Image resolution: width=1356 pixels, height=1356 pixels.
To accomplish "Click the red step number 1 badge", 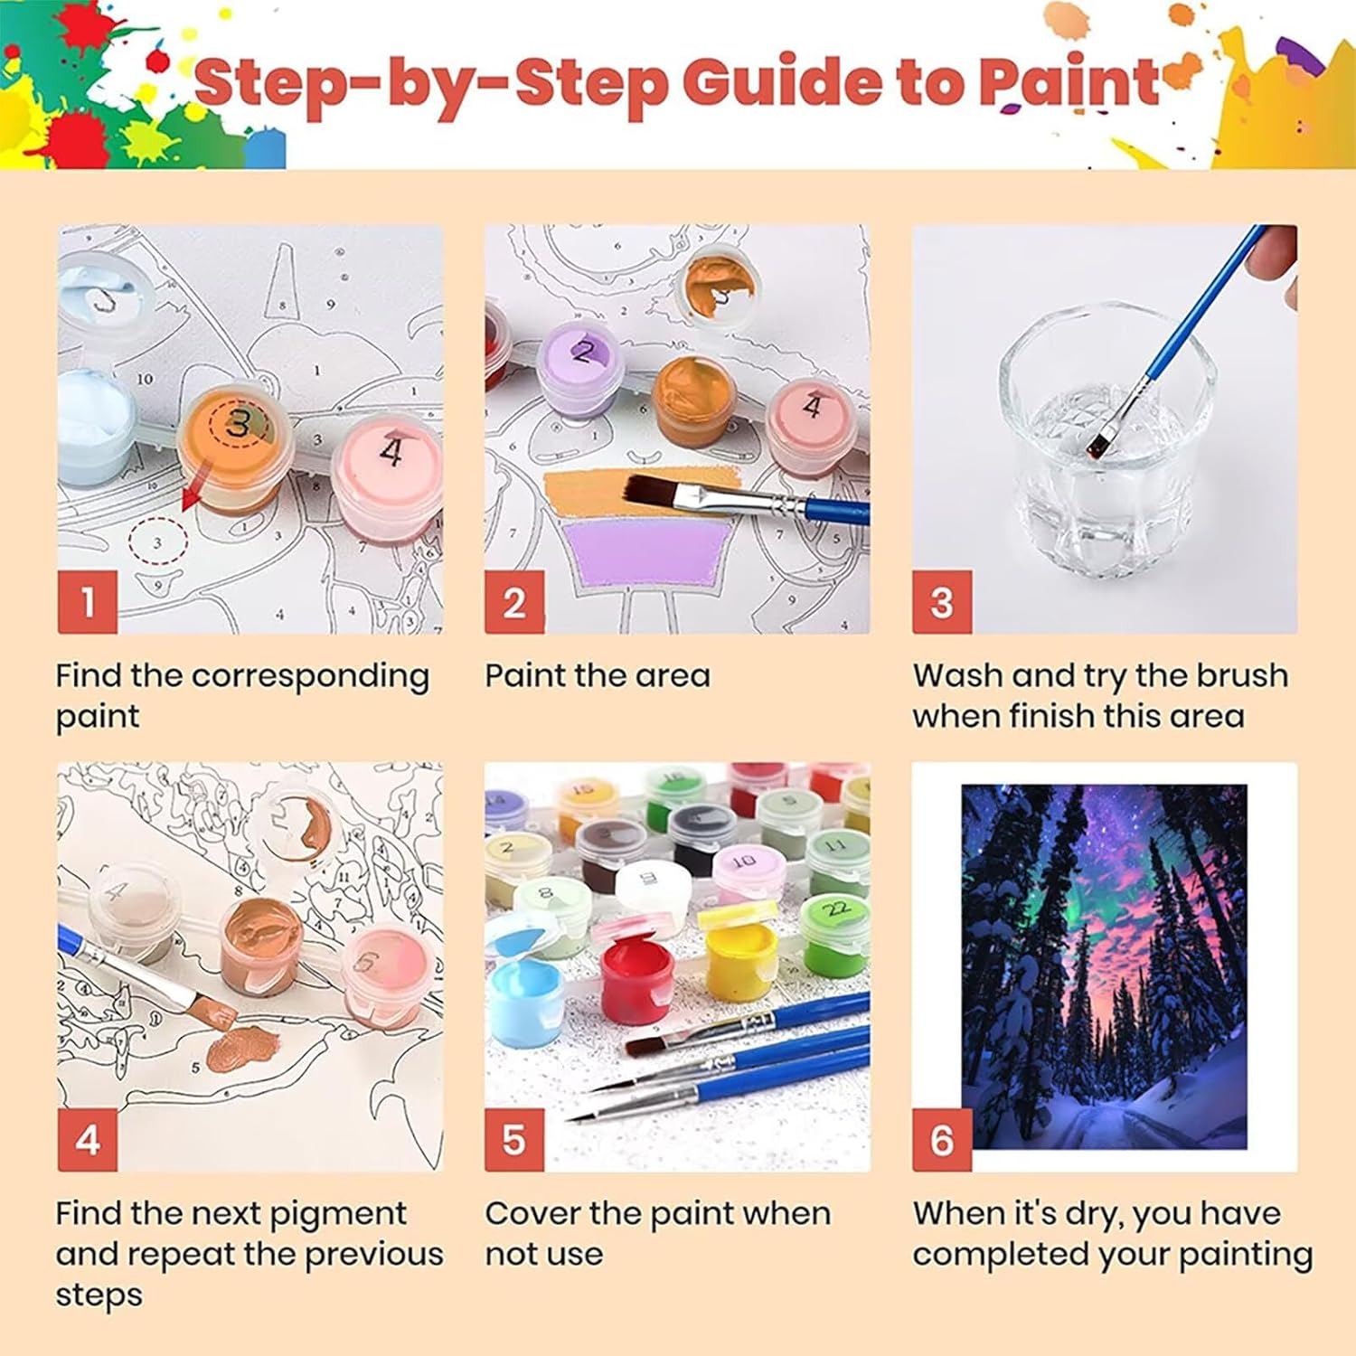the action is coord(88,601).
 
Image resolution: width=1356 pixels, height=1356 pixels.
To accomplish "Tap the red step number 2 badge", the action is coord(514,601).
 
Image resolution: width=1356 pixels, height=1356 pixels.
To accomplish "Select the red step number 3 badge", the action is coord(942,601).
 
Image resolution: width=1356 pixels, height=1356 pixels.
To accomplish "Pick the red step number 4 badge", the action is coord(88,1140).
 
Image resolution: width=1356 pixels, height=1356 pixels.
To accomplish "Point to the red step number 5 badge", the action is coord(514,1140).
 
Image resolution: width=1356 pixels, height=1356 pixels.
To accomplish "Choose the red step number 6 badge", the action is coord(942,1140).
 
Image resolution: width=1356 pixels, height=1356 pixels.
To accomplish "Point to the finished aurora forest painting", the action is coord(1104,966).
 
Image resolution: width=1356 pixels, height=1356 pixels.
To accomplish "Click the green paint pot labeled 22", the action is coord(835,934).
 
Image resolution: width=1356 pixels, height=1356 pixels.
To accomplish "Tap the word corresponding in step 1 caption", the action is coord(310,677).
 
